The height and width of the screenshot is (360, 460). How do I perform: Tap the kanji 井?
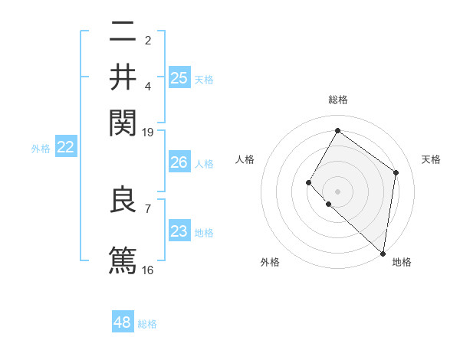123,77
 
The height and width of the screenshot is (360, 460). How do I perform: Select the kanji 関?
123,123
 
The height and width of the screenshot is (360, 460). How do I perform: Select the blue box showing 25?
179,77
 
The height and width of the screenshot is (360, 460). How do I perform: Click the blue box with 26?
179,162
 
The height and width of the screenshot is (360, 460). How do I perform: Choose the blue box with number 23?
179,231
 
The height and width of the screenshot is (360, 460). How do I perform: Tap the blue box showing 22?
65,147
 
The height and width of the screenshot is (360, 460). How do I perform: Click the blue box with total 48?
123,322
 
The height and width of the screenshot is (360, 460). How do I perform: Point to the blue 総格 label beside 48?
147,324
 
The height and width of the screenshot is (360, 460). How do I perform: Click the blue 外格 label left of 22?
40,149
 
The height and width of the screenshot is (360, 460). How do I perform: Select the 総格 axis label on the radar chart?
337,100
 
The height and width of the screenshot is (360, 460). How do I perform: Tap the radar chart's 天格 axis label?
431,159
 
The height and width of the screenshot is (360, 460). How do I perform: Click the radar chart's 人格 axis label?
245,159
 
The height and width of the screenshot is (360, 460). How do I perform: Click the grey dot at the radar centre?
337,191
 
